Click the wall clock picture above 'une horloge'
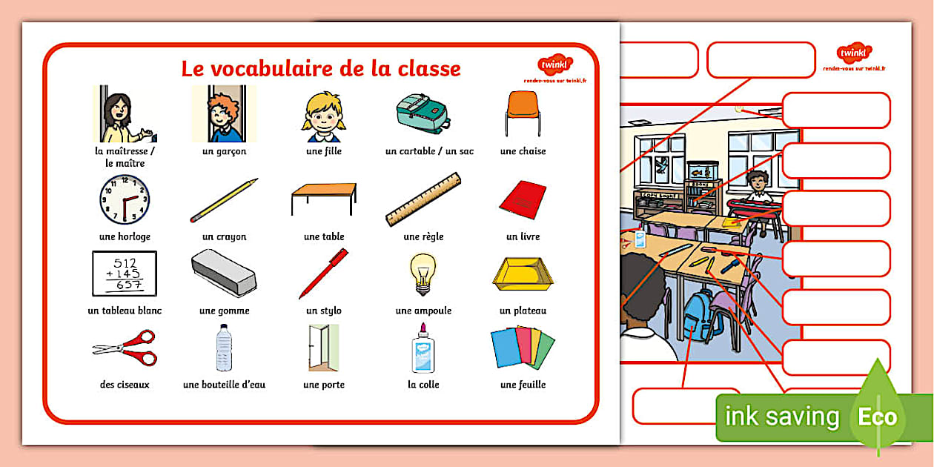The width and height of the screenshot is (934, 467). click(x=124, y=199)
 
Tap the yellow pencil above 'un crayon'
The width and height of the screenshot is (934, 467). click(x=224, y=200)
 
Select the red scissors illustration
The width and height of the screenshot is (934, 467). click(x=125, y=348)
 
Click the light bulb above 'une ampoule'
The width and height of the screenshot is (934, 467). click(x=423, y=273)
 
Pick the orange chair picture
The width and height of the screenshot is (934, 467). click(x=523, y=113)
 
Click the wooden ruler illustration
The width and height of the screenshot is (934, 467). click(x=423, y=199)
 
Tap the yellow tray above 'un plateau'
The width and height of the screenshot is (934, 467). click(x=523, y=275)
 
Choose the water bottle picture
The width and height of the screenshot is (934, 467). click(x=224, y=348)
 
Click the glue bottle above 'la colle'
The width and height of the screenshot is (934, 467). click(x=423, y=348)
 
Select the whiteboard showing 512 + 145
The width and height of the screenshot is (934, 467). click(x=124, y=274)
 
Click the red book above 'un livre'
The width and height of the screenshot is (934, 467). click(x=523, y=199)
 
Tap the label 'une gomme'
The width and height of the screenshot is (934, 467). click(x=224, y=311)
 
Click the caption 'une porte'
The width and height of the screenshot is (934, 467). click(x=324, y=385)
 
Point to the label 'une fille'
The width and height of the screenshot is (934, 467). click(x=324, y=151)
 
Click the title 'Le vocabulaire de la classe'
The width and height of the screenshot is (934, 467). click(x=321, y=69)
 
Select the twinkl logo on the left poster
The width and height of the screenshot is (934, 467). click(x=554, y=65)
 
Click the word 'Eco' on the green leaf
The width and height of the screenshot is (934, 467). click(x=878, y=417)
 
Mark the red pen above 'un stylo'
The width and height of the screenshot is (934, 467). click(x=324, y=273)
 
